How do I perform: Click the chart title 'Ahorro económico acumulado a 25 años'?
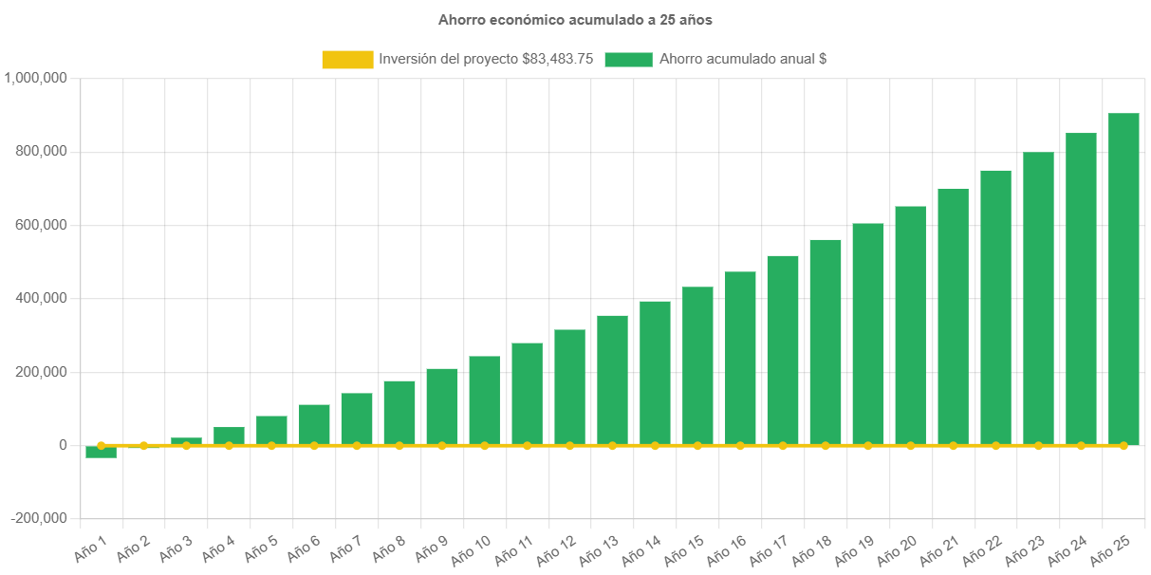[575, 19]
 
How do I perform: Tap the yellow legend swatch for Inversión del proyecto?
[347, 59]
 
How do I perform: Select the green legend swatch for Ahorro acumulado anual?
[627, 59]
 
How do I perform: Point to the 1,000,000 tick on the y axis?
[35, 78]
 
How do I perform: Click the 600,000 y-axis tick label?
[42, 225]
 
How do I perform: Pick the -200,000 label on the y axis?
[39, 518]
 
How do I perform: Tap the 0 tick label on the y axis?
[62, 445]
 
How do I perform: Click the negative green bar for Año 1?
[101, 453]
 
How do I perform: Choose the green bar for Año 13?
[612, 380]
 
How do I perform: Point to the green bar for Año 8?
[399, 413]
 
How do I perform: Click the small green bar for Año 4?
[229, 436]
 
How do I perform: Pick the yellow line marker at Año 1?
[101, 445]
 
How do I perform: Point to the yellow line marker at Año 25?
[1123, 445]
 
